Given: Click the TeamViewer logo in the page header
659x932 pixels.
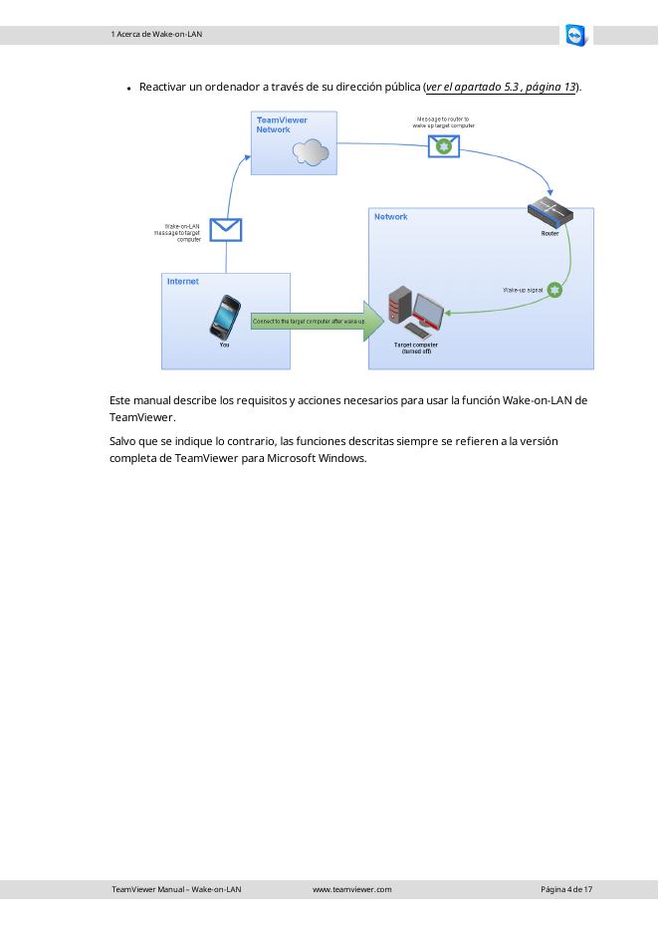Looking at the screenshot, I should [x=575, y=36].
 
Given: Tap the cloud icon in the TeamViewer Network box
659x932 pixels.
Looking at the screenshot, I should [x=311, y=152].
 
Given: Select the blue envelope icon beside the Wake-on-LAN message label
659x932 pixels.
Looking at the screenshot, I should [x=226, y=230].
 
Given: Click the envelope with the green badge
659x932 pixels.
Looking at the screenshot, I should [x=443, y=145].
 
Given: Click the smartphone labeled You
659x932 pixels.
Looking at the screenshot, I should [x=225, y=318].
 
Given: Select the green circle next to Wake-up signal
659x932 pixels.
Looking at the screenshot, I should [x=555, y=290].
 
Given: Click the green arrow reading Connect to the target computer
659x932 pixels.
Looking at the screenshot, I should [x=311, y=322].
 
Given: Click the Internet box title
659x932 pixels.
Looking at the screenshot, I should [x=183, y=282].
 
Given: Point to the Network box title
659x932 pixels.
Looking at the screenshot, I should [x=390, y=217].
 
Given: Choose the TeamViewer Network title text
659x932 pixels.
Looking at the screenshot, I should [x=281, y=124].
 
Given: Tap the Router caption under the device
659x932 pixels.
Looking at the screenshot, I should [x=549, y=234].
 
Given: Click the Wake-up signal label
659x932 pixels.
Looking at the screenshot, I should [x=523, y=290].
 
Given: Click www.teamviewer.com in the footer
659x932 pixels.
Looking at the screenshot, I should [x=351, y=889].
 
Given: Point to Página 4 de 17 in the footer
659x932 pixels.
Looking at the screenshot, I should [x=566, y=889].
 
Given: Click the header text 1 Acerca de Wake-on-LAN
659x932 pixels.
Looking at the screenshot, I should [x=156, y=35].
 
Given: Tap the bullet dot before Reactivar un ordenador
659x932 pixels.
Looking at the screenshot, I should [x=129, y=89].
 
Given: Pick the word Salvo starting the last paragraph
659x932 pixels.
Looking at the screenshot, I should [x=123, y=441].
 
